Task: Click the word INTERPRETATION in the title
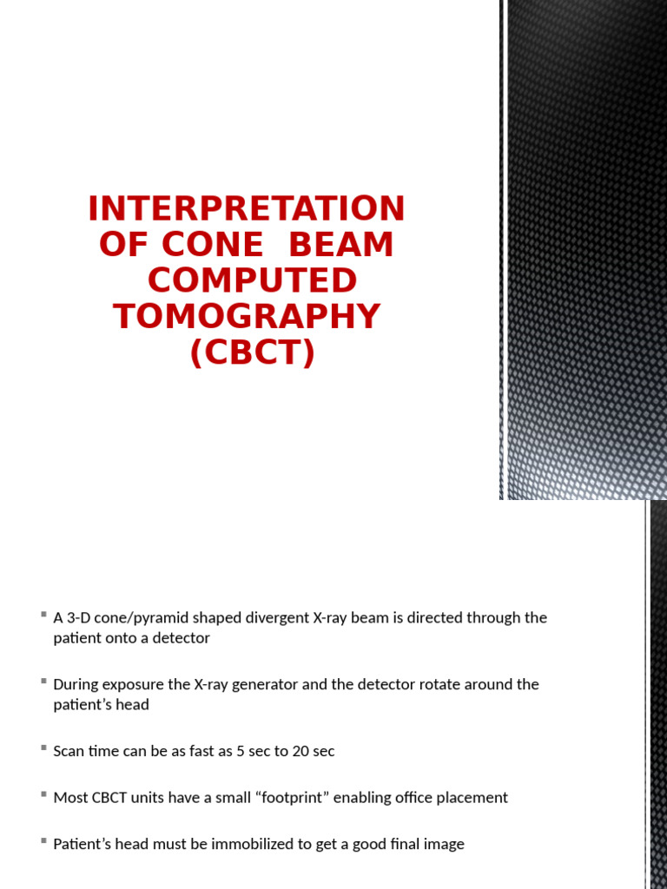[x=247, y=209]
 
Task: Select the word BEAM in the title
[x=340, y=246]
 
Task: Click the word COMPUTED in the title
[x=252, y=281]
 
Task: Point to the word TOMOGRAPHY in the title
[x=247, y=317]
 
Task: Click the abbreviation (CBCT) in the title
[x=252, y=353]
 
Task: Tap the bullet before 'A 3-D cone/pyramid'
[x=43, y=615]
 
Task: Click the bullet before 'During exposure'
[x=43, y=682]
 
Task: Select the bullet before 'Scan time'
[x=43, y=748]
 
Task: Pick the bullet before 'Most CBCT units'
[x=43, y=794]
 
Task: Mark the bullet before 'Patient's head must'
[x=43, y=841]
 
